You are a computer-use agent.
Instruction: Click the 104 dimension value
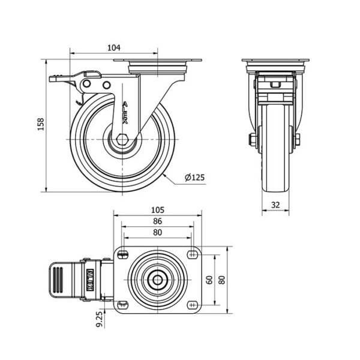tap(114, 47)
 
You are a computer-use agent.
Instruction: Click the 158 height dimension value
tap(41, 124)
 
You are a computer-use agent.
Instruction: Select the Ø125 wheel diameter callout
tap(194, 177)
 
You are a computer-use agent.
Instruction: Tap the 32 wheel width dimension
tap(275, 205)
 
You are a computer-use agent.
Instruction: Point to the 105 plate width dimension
tap(158, 210)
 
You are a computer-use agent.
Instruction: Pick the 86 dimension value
tap(157, 221)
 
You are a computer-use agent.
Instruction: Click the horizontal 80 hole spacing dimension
tap(157, 232)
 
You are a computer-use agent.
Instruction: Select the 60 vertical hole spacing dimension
tap(209, 280)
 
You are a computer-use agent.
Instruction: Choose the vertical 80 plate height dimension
tap(221, 280)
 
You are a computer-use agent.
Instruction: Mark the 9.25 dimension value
tap(99, 319)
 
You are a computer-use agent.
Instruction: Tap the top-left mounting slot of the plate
tap(123, 254)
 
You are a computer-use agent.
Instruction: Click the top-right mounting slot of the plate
tap(193, 254)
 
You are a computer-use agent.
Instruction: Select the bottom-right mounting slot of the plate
tap(193, 305)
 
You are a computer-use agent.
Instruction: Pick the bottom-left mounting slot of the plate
tap(122, 305)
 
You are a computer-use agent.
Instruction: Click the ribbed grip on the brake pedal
tap(58, 280)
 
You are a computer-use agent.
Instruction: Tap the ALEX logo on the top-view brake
tap(90, 280)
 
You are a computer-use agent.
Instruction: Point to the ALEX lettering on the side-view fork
tap(125, 113)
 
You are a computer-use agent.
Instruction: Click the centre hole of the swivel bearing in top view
tap(157, 280)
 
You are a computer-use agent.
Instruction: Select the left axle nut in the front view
tap(253, 140)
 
